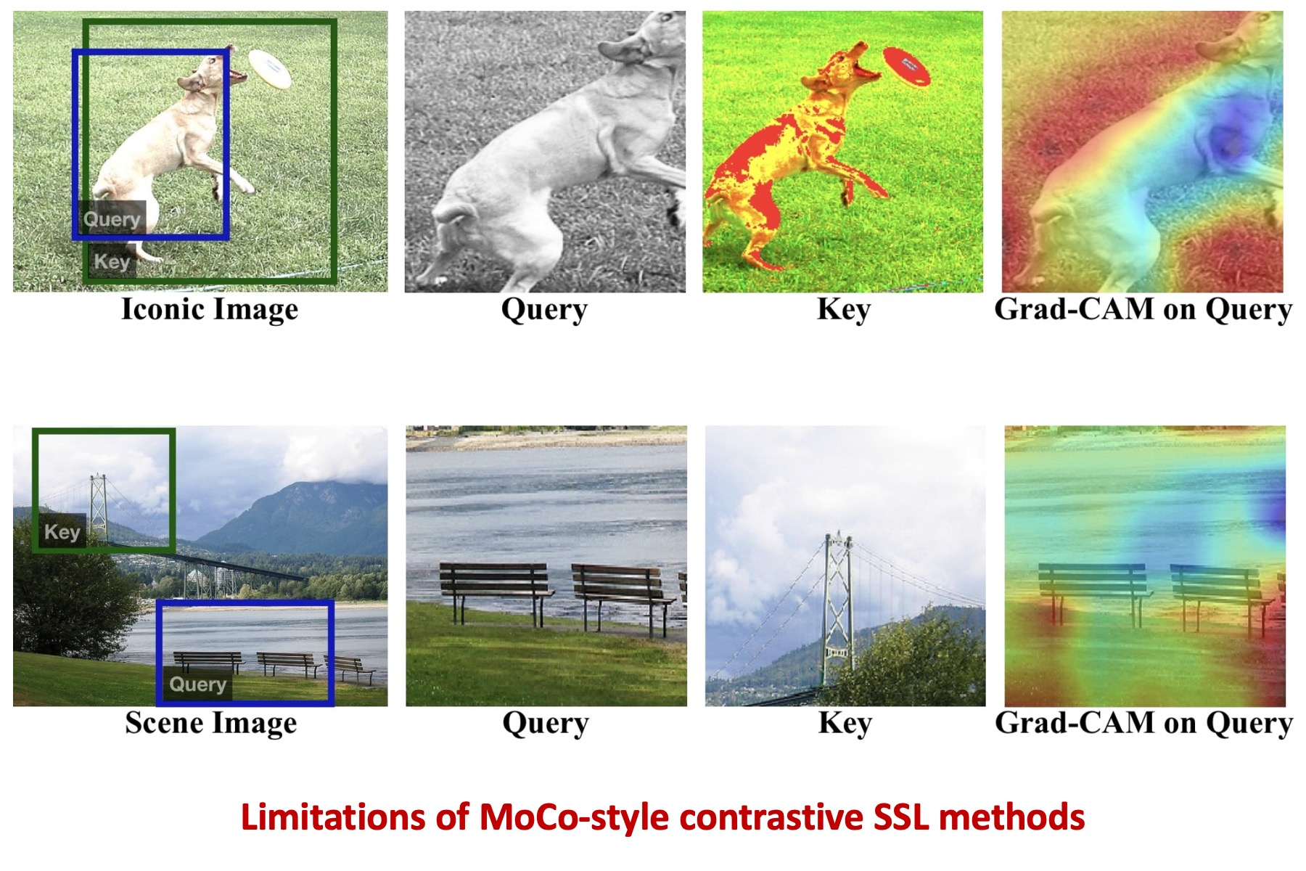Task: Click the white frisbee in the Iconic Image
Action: (x=270, y=69)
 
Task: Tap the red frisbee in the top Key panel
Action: (x=906, y=66)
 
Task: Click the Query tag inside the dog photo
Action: (x=111, y=218)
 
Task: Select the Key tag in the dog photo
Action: (x=112, y=261)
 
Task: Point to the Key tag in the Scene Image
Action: (x=62, y=531)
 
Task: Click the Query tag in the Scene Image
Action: (x=197, y=684)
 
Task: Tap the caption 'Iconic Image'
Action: (x=210, y=309)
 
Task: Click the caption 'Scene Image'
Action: (x=211, y=723)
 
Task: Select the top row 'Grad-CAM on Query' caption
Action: (x=1143, y=309)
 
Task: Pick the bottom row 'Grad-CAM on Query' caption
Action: (x=1144, y=723)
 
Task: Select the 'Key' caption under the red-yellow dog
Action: (x=844, y=309)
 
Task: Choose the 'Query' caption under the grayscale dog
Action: (x=544, y=310)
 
